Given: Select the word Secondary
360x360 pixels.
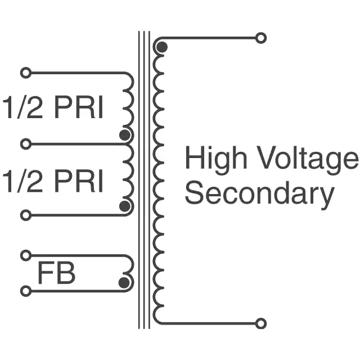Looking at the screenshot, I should pos(259,194).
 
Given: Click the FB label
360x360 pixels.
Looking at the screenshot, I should pos(56,274).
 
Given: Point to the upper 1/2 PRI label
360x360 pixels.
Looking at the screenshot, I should pos(53,109).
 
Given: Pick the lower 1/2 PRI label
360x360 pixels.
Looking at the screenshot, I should pos(53,182).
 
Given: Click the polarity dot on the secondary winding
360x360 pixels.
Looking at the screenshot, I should pos(161,48).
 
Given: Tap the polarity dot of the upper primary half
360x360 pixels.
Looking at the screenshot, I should pos(125,135).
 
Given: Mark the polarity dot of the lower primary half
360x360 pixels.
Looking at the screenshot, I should pos(125,206).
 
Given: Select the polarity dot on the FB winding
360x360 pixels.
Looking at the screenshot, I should pos(124,282).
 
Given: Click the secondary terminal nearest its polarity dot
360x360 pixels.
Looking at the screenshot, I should pos(260,38).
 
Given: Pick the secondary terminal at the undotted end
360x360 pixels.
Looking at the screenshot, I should pos(260,323).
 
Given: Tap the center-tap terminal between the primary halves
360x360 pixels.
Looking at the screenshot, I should pos(25,144).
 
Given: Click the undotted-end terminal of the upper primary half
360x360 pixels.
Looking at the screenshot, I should pos(25,73).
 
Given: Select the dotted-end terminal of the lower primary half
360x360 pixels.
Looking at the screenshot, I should pos(25,215).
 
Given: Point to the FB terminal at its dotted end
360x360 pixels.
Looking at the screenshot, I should pos(25,291).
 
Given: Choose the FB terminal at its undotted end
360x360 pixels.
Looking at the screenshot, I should pos(25,255).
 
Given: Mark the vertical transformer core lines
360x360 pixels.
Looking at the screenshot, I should pos(144,180).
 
